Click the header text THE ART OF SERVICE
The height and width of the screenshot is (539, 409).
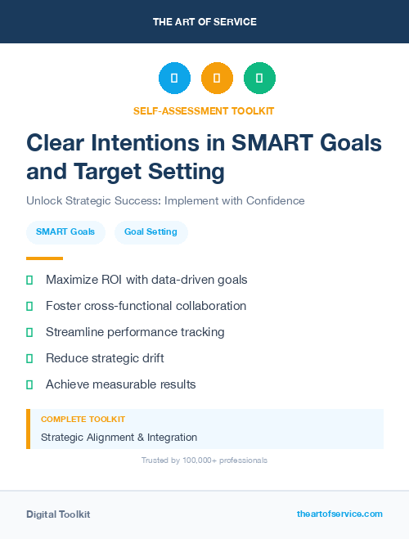tap(204, 22)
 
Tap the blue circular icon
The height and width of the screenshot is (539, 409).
tap(174, 79)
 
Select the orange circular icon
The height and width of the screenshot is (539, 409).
tap(217, 79)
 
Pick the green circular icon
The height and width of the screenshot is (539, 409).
tap(259, 79)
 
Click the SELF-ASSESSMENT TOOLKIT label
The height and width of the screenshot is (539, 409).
tap(204, 110)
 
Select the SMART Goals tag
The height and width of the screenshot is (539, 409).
tap(65, 232)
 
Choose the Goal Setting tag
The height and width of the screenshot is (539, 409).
tap(151, 232)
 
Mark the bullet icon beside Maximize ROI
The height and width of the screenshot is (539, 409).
tap(29, 280)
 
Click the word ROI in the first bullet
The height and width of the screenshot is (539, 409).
tap(114, 280)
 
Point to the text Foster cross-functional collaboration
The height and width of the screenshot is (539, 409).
tap(146, 306)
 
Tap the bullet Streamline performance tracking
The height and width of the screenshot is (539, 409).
tap(135, 332)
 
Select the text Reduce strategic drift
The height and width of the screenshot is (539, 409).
tap(105, 358)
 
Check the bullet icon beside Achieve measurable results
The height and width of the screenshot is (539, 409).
tap(29, 384)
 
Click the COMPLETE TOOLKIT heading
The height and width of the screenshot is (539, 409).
tap(83, 419)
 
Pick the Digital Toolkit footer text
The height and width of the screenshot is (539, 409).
tap(58, 514)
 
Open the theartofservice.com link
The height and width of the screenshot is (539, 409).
tap(339, 514)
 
